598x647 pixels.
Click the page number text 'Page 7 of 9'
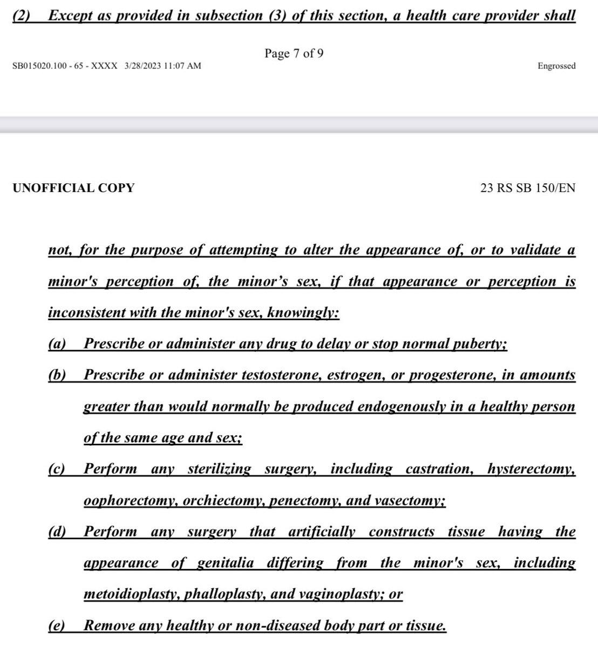click(x=294, y=53)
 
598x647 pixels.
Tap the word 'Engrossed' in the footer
click(x=556, y=66)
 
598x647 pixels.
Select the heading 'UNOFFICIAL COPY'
click(x=73, y=188)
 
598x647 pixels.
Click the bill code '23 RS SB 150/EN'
click(x=527, y=188)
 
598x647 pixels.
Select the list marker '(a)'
click(x=57, y=344)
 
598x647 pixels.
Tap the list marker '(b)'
click(x=57, y=375)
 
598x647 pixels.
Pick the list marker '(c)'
click(x=57, y=469)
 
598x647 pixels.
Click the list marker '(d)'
click(x=57, y=532)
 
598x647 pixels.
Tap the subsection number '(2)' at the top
click(x=24, y=15)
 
